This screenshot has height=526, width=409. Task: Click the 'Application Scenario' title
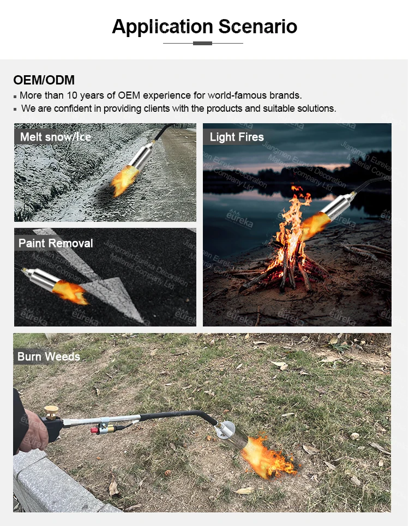pyautogui.click(x=204, y=26)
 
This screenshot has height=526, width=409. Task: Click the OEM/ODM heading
pyautogui.click(x=44, y=80)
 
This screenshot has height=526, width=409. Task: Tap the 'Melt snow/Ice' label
pyautogui.click(x=55, y=136)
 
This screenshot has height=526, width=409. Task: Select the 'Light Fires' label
pyautogui.click(x=236, y=137)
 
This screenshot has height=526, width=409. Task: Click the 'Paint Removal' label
pyautogui.click(x=56, y=243)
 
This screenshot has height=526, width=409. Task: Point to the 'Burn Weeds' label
pyautogui.click(x=49, y=356)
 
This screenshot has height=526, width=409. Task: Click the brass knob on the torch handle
pyautogui.click(x=52, y=410)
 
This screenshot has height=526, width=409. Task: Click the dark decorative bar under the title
pyautogui.click(x=203, y=43)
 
